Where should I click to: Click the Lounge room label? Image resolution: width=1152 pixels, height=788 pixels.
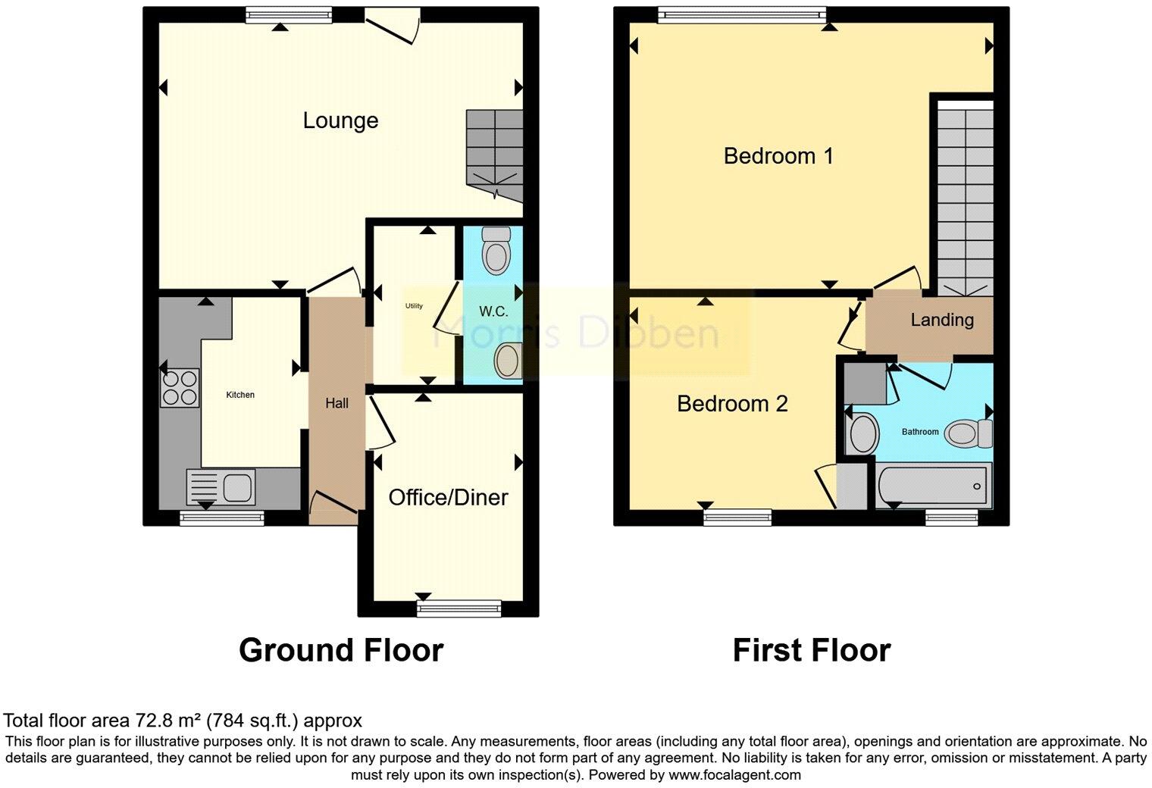pyautogui.click(x=340, y=120)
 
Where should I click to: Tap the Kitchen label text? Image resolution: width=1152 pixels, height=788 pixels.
pyautogui.click(x=240, y=395)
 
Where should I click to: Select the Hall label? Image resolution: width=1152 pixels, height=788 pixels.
pyautogui.click(x=337, y=403)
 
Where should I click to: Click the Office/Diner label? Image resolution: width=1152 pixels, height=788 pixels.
pyautogui.click(x=448, y=497)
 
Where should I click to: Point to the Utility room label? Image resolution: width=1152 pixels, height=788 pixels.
pyautogui.click(x=414, y=306)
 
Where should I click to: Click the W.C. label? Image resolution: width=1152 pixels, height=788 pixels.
pyautogui.click(x=493, y=311)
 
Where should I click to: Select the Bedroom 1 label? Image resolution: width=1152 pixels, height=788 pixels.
pyautogui.click(x=778, y=156)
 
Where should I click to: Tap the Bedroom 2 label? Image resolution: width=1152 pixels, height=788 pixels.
pyautogui.click(x=732, y=404)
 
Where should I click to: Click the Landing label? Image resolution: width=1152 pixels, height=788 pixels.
pyautogui.click(x=942, y=320)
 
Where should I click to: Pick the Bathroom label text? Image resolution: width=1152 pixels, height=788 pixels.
pyautogui.click(x=920, y=432)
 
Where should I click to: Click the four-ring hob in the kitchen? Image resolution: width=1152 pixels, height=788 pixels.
pyautogui.click(x=180, y=387)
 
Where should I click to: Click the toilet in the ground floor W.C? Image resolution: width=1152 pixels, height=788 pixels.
pyautogui.click(x=497, y=250)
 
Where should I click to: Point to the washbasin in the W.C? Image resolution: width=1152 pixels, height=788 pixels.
pyautogui.click(x=507, y=360)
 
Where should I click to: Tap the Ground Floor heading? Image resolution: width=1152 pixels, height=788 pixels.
pyautogui.click(x=341, y=650)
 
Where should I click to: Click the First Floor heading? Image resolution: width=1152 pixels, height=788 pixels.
pyautogui.click(x=811, y=650)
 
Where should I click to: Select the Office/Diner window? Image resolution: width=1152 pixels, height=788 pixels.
pyautogui.click(x=459, y=607)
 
